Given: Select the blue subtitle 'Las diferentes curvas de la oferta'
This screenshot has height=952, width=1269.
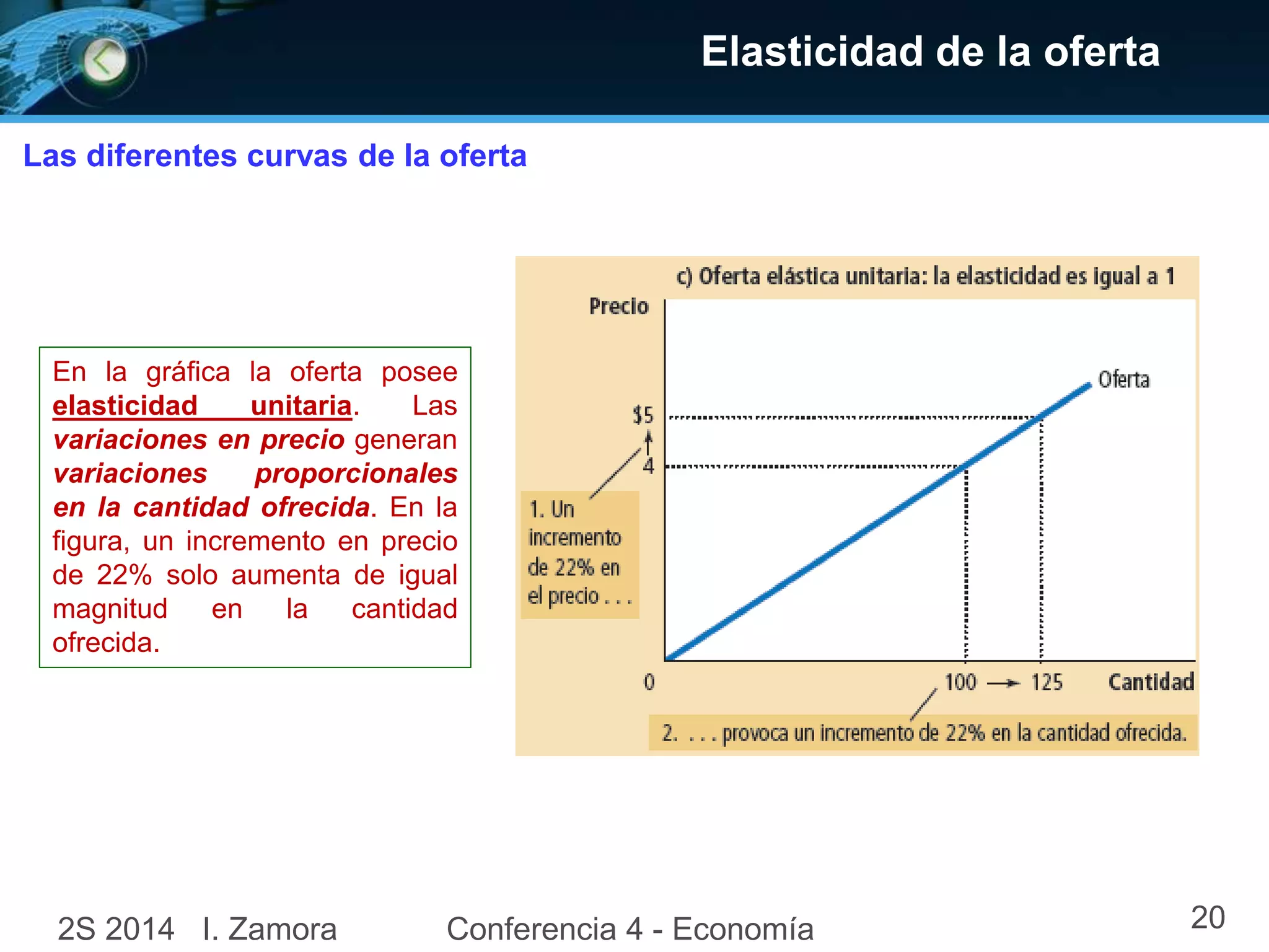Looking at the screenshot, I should click(274, 156).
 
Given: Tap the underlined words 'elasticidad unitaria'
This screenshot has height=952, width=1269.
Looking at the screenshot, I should click(202, 406).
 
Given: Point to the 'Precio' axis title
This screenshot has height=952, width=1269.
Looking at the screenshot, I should click(618, 306).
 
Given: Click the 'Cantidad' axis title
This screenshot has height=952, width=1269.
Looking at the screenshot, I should click(1151, 682).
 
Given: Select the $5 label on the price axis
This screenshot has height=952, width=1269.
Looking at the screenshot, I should click(643, 415).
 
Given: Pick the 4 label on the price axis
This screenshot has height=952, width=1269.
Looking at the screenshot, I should click(648, 465).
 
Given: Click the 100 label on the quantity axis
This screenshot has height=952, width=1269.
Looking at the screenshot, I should click(960, 682).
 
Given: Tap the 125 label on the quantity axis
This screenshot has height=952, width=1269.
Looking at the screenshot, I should click(1047, 682).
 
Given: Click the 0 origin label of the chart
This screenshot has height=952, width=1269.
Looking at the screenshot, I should click(649, 682).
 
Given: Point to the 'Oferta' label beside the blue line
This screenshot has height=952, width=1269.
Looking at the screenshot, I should click(1123, 379).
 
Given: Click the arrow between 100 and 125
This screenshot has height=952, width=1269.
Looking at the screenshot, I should click(1003, 683).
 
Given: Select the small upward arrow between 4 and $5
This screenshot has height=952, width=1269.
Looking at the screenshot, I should click(648, 443).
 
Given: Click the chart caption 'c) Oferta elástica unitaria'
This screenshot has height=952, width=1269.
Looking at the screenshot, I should click(924, 276).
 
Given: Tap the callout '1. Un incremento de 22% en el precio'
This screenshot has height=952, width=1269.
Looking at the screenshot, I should click(579, 553).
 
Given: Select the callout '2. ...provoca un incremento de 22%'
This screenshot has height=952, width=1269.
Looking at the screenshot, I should click(923, 733).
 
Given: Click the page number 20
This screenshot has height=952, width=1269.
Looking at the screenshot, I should click(1207, 917).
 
